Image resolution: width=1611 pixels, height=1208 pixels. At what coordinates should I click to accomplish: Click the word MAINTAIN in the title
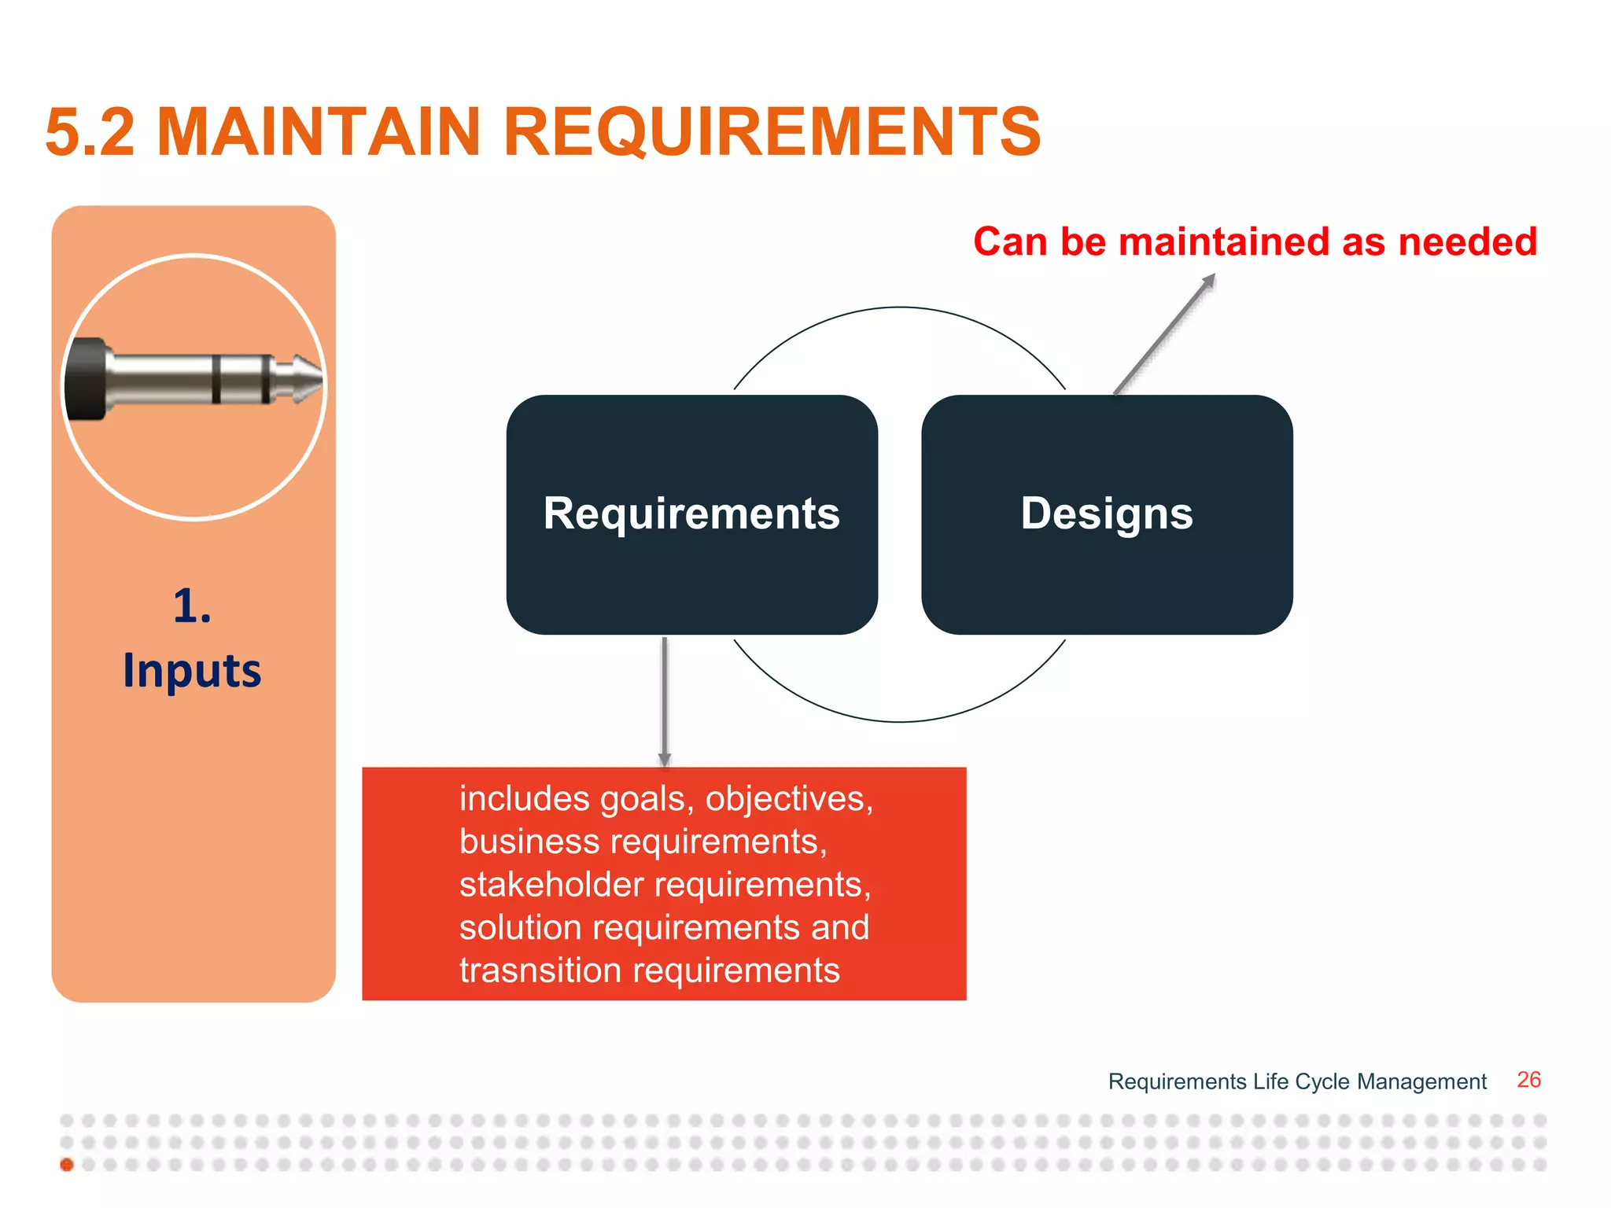pos(319,131)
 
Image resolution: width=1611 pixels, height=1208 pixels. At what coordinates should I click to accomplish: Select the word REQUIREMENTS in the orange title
pos(772,131)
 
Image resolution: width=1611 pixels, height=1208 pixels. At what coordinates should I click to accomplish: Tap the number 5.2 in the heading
pos(90,131)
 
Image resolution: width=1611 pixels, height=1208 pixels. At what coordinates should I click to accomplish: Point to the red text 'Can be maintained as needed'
pos(1255,241)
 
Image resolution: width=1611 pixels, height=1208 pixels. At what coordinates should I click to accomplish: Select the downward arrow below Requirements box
pos(665,700)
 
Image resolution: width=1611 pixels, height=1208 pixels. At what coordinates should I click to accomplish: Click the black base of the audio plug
pos(85,380)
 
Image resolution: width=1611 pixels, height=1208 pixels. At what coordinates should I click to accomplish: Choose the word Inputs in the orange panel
pos(192,671)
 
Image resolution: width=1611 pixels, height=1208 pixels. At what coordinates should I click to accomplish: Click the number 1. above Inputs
pos(192,606)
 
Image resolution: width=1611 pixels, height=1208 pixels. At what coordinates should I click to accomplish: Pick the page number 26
pos(1528,1080)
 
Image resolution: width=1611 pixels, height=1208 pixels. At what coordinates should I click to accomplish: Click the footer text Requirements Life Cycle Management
pos(1297,1081)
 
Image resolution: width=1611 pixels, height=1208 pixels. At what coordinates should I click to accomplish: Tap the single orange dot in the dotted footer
pos(67,1165)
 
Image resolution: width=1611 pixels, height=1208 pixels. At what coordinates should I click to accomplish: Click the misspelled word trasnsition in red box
pos(540,970)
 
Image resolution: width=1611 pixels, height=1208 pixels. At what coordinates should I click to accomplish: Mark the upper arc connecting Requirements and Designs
pos(900,308)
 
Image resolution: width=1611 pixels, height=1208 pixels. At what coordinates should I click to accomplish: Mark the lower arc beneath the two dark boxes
pos(900,721)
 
